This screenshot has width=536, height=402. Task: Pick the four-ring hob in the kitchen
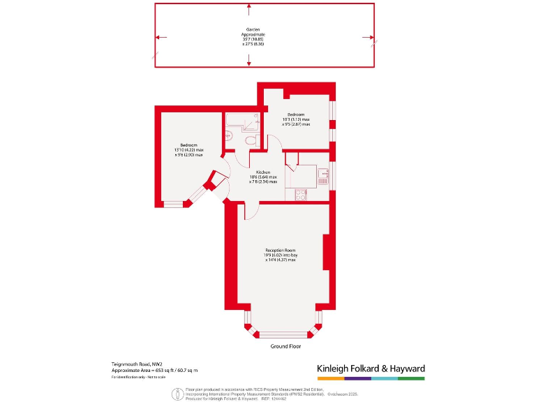pyautogui.click(x=300, y=195)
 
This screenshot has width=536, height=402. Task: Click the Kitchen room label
pyautogui.click(x=262, y=172)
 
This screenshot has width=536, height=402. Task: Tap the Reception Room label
pyautogui.click(x=280, y=250)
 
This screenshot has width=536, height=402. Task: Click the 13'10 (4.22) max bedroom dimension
pyautogui.click(x=190, y=150)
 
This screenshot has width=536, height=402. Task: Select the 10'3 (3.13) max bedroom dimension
pyautogui.click(x=295, y=119)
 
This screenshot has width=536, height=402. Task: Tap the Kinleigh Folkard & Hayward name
pyautogui.click(x=371, y=368)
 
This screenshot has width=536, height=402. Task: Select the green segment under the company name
pyautogui.click(x=411, y=378)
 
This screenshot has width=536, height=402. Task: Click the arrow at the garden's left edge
pyautogui.click(x=159, y=38)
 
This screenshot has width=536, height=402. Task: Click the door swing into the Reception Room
pyautogui.click(x=251, y=209)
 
